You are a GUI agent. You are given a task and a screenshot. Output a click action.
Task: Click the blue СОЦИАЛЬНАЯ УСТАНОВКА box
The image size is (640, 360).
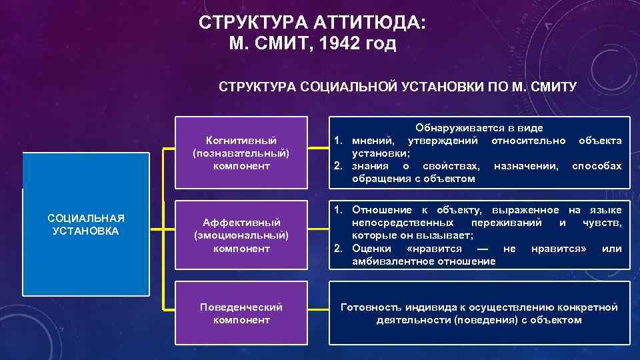click(85, 225)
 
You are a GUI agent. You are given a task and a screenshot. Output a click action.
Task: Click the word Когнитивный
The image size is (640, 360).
click(241, 140)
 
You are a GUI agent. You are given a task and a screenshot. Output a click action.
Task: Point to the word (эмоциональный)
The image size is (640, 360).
click(241, 235)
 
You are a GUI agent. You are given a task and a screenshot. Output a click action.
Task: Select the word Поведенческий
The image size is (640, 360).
click(241, 307)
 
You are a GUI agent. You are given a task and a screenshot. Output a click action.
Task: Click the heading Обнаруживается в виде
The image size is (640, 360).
click(479, 127)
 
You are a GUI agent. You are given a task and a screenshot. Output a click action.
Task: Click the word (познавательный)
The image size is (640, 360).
click(241, 153)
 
